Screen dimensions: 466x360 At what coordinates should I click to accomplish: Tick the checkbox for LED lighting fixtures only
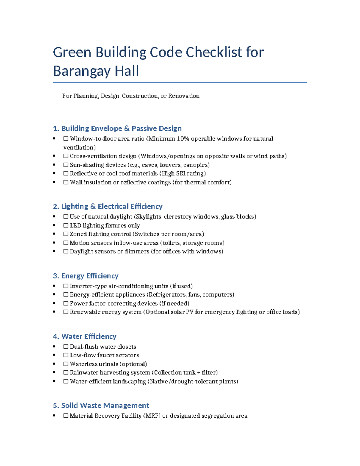tap(66, 225)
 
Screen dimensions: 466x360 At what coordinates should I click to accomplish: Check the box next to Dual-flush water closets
tap(66, 347)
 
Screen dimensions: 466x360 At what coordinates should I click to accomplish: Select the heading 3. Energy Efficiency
tap(85, 276)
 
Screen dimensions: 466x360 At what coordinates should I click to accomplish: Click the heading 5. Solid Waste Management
tap(101, 405)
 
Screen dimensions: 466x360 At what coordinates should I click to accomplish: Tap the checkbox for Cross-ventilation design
tap(66, 156)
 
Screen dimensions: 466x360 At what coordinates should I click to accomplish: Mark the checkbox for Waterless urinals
tap(66, 364)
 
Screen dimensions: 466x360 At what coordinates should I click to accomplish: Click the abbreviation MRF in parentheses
tap(152, 416)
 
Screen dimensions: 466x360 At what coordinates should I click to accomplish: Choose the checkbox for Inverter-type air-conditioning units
tap(66, 286)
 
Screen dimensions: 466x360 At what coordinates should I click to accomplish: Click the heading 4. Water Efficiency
tap(84, 336)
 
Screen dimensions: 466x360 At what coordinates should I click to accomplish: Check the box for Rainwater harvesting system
tap(66, 373)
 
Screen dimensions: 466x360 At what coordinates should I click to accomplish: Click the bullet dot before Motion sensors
tap(54, 243)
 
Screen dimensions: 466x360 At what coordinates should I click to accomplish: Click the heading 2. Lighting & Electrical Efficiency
tap(107, 206)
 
